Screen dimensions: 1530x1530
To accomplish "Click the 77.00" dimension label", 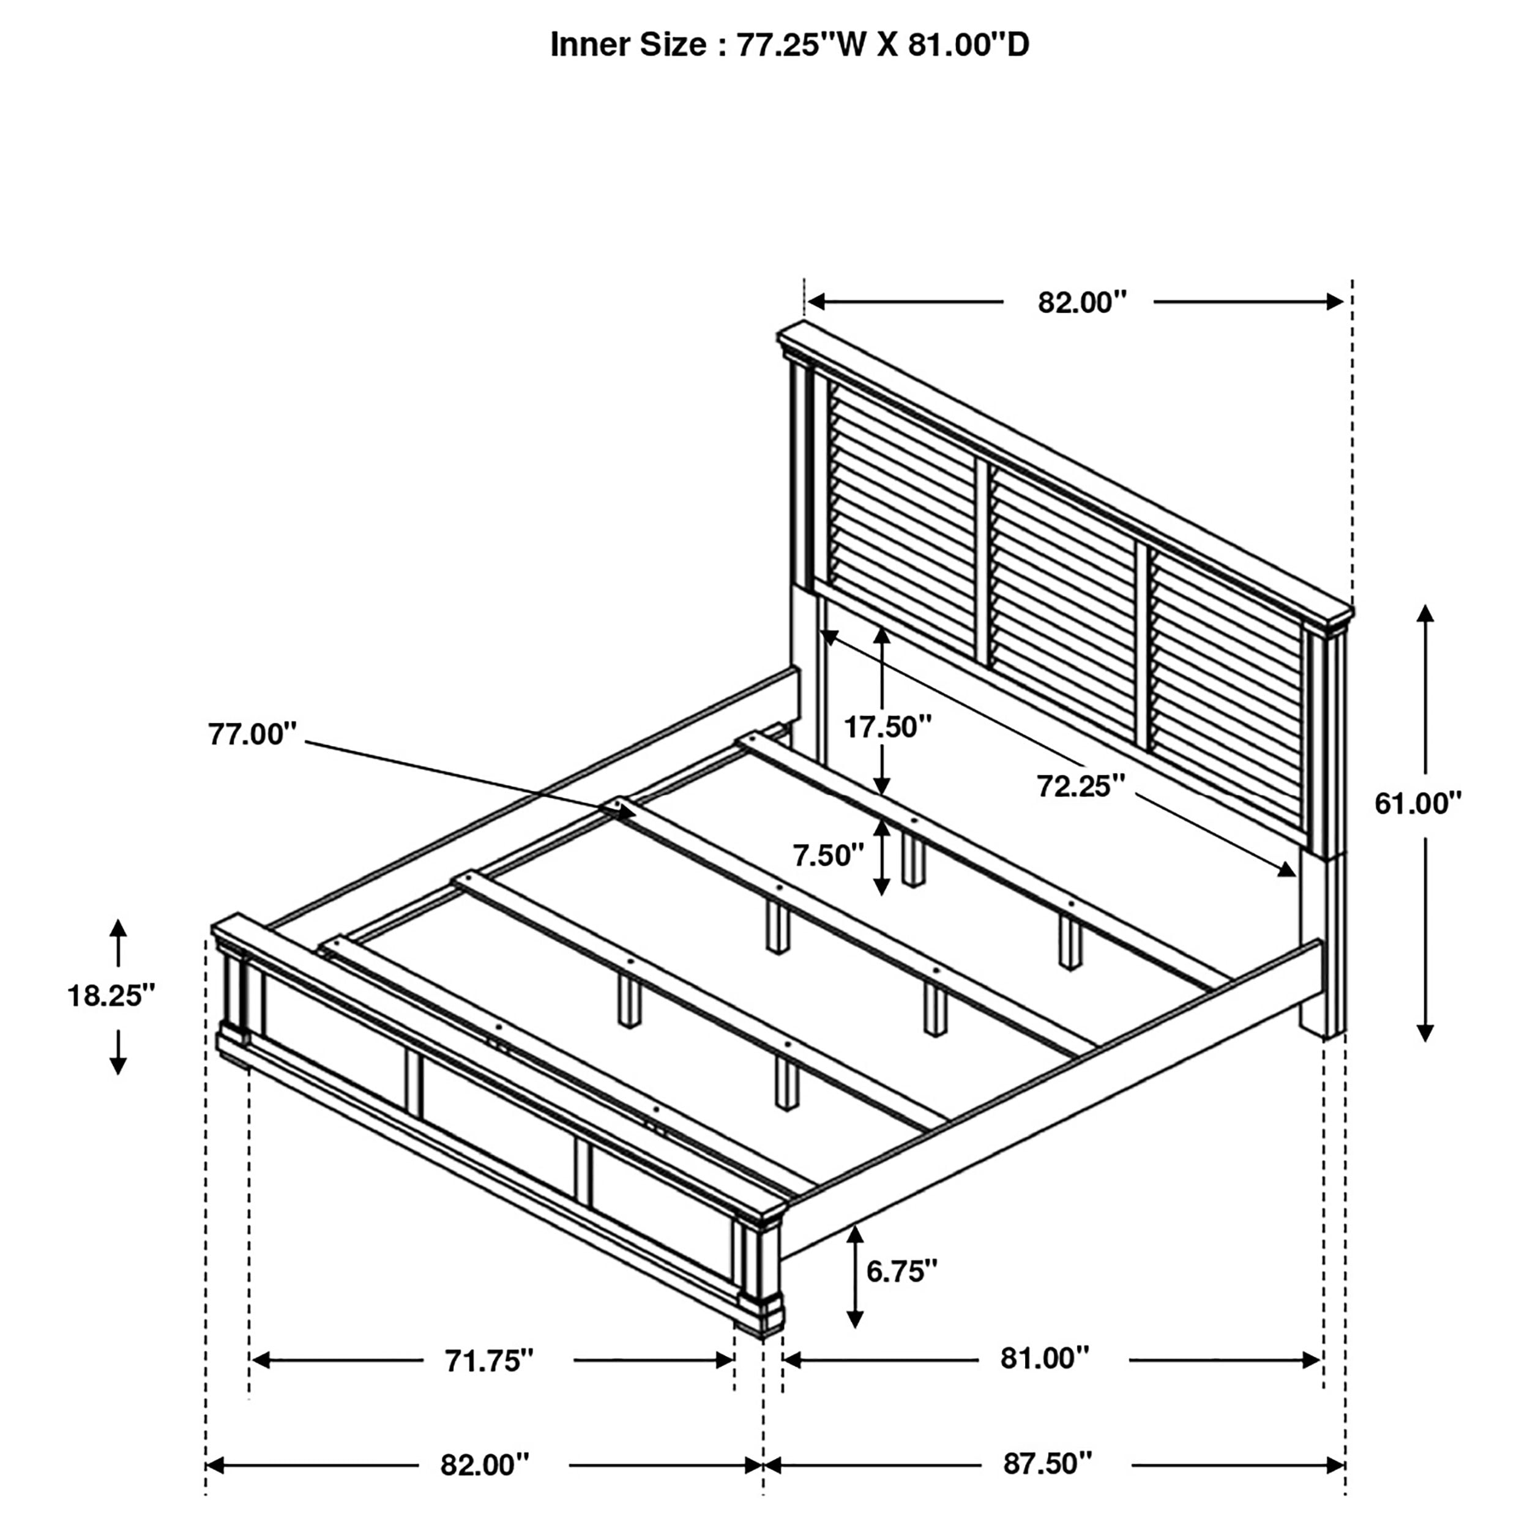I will [x=252, y=734].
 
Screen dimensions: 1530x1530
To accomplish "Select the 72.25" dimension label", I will [x=1080, y=786].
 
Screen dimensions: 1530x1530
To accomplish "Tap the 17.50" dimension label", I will [x=887, y=726].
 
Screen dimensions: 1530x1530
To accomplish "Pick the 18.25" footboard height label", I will [x=111, y=996].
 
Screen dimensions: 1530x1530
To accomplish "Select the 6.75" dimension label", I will [x=901, y=1271].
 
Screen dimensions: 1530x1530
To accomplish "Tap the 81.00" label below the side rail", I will [x=1045, y=1358].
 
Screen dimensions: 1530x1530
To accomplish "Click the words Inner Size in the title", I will [x=627, y=45].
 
